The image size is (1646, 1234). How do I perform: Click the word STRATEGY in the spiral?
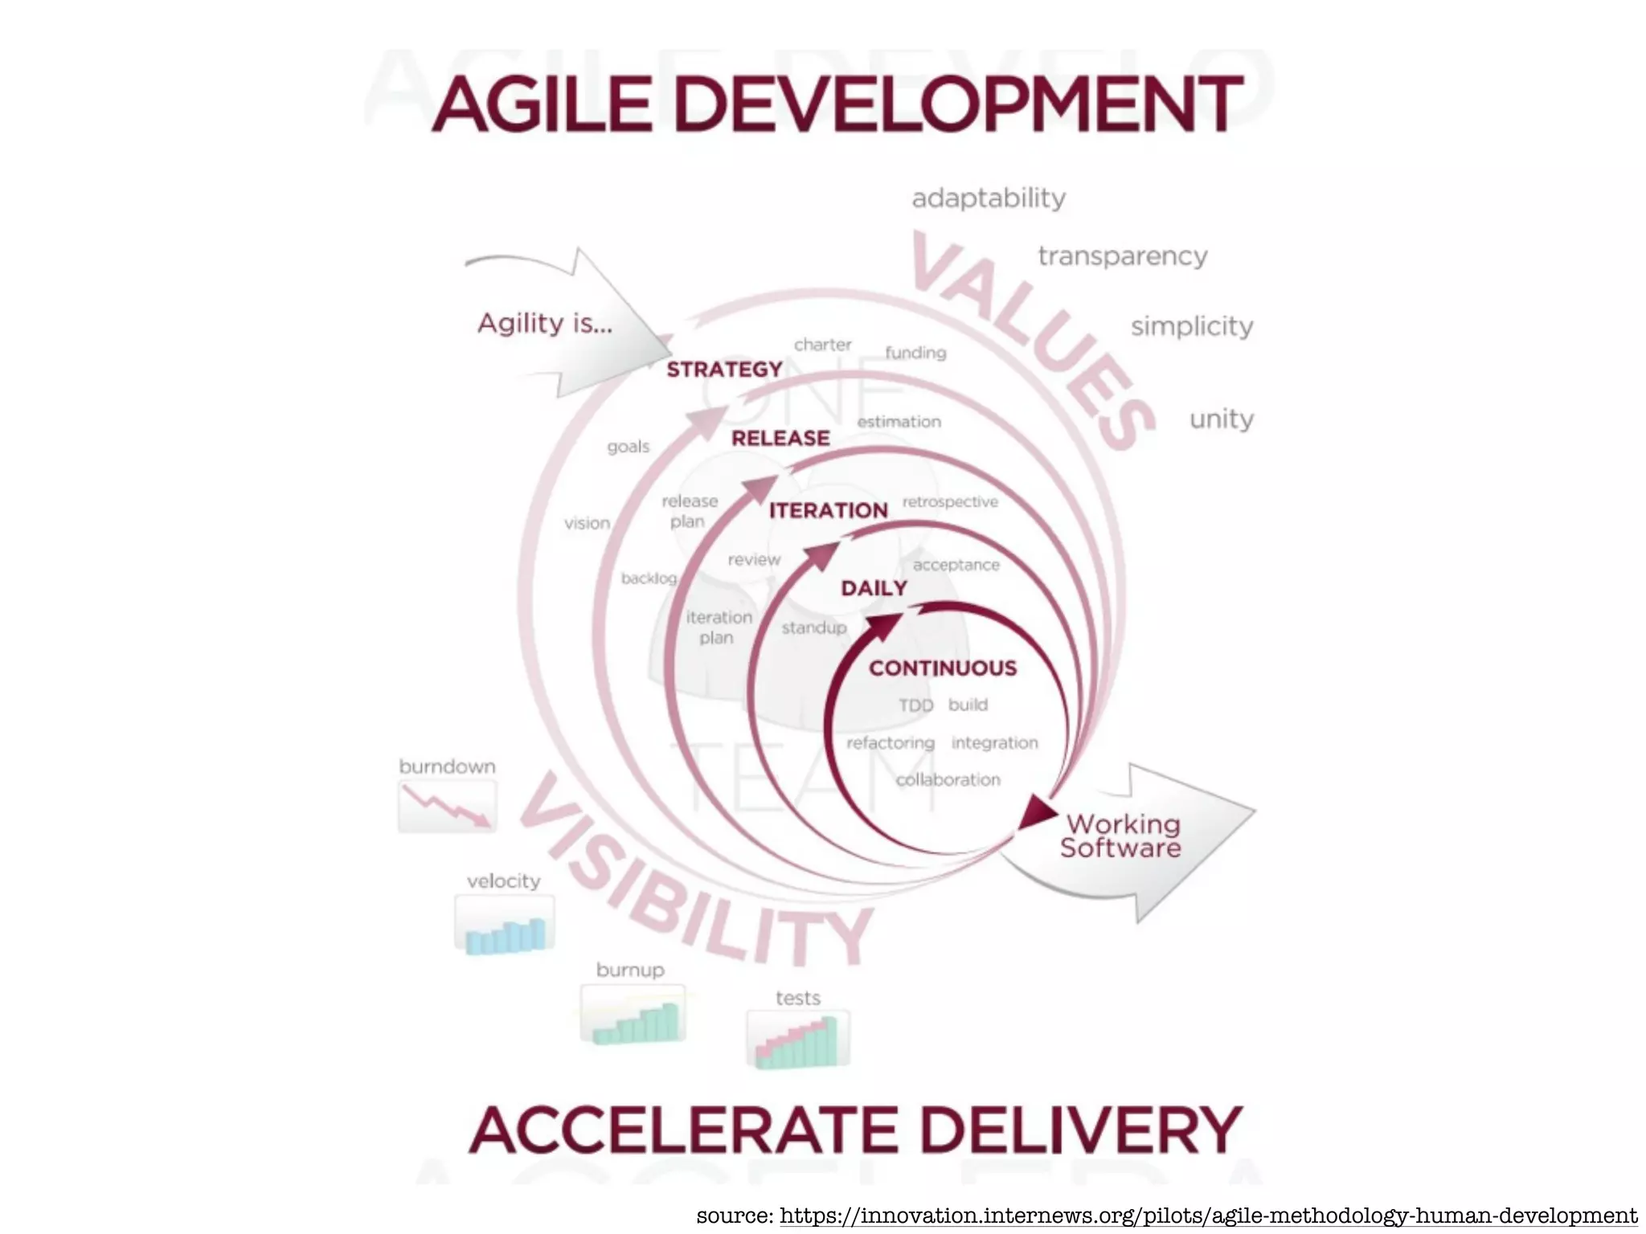point(724,370)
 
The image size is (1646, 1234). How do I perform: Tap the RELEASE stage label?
point(780,439)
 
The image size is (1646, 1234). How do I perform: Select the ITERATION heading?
point(829,511)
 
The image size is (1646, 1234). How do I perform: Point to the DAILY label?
point(874,589)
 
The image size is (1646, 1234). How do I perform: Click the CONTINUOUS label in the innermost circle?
point(943,668)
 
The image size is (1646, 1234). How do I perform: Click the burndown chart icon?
point(447,806)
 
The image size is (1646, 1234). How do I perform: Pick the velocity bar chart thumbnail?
point(505,925)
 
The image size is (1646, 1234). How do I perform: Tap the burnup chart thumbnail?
point(633,1014)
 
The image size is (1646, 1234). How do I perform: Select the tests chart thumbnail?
point(798,1040)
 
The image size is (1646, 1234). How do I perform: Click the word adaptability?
point(989,198)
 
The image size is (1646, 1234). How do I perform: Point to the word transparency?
point(1123,256)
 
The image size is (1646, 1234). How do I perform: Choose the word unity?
point(1222,419)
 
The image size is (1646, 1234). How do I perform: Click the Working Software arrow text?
point(1121,836)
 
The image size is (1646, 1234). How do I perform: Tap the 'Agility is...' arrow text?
point(545,324)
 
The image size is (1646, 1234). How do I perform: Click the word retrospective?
point(950,502)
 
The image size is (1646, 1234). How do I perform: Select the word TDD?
point(916,705)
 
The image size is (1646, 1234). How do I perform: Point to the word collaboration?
point(948,780)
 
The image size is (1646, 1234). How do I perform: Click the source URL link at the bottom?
point(1208,1215)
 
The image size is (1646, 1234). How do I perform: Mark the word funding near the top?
point(915,353)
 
